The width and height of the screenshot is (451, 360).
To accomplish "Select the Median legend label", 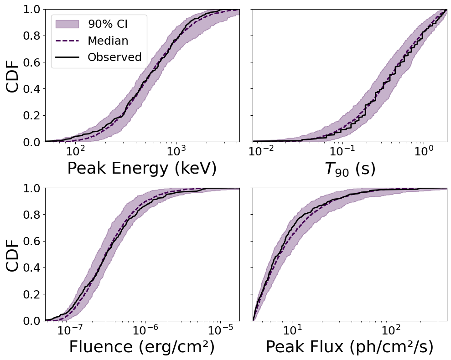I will (108, 41).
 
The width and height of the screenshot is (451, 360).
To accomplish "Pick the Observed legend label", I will (114, 57).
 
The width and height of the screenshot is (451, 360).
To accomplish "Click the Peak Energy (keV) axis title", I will (142, 169).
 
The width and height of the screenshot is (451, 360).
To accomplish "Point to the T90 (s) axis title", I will (350, 169).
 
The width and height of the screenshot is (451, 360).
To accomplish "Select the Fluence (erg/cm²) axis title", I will (142, 347).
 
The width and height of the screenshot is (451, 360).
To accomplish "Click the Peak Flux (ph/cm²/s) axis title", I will (350, 347).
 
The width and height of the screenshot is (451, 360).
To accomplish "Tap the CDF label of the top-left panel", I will (13, 76).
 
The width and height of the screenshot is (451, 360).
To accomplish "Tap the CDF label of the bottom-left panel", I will (13, 254).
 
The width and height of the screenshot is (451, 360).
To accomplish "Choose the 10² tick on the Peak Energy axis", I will (75, 150).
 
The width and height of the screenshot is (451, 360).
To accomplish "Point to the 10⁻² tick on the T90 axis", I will (261, 150).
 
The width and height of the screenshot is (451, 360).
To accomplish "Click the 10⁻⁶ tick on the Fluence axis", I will (145, 329).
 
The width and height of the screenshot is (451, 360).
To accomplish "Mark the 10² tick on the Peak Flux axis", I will (390, 329).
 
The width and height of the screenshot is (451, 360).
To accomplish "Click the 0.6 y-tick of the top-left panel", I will (32, 62).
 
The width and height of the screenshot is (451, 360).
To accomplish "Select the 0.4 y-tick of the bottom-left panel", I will (32, 267).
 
